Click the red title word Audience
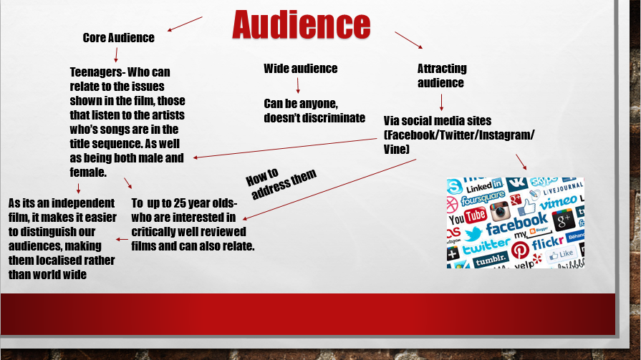[x=302, y=25]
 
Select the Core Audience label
[x=119, y=38]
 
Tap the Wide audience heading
[x=301, y=68]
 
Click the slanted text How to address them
[x=281, y=183]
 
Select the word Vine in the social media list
[x=395, y=149]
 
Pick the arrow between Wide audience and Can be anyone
[x=298, y=85]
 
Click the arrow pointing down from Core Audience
[x=116, y=55]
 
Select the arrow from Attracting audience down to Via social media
[x=441, y=102]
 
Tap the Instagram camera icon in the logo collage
[x=500, y=212]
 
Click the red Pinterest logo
[x=520, y=250]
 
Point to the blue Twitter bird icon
[x=473, y=234]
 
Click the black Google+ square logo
[x=564, y=220]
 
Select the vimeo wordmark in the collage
[x=559, y=202]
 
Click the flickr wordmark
[x=547, y=243]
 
